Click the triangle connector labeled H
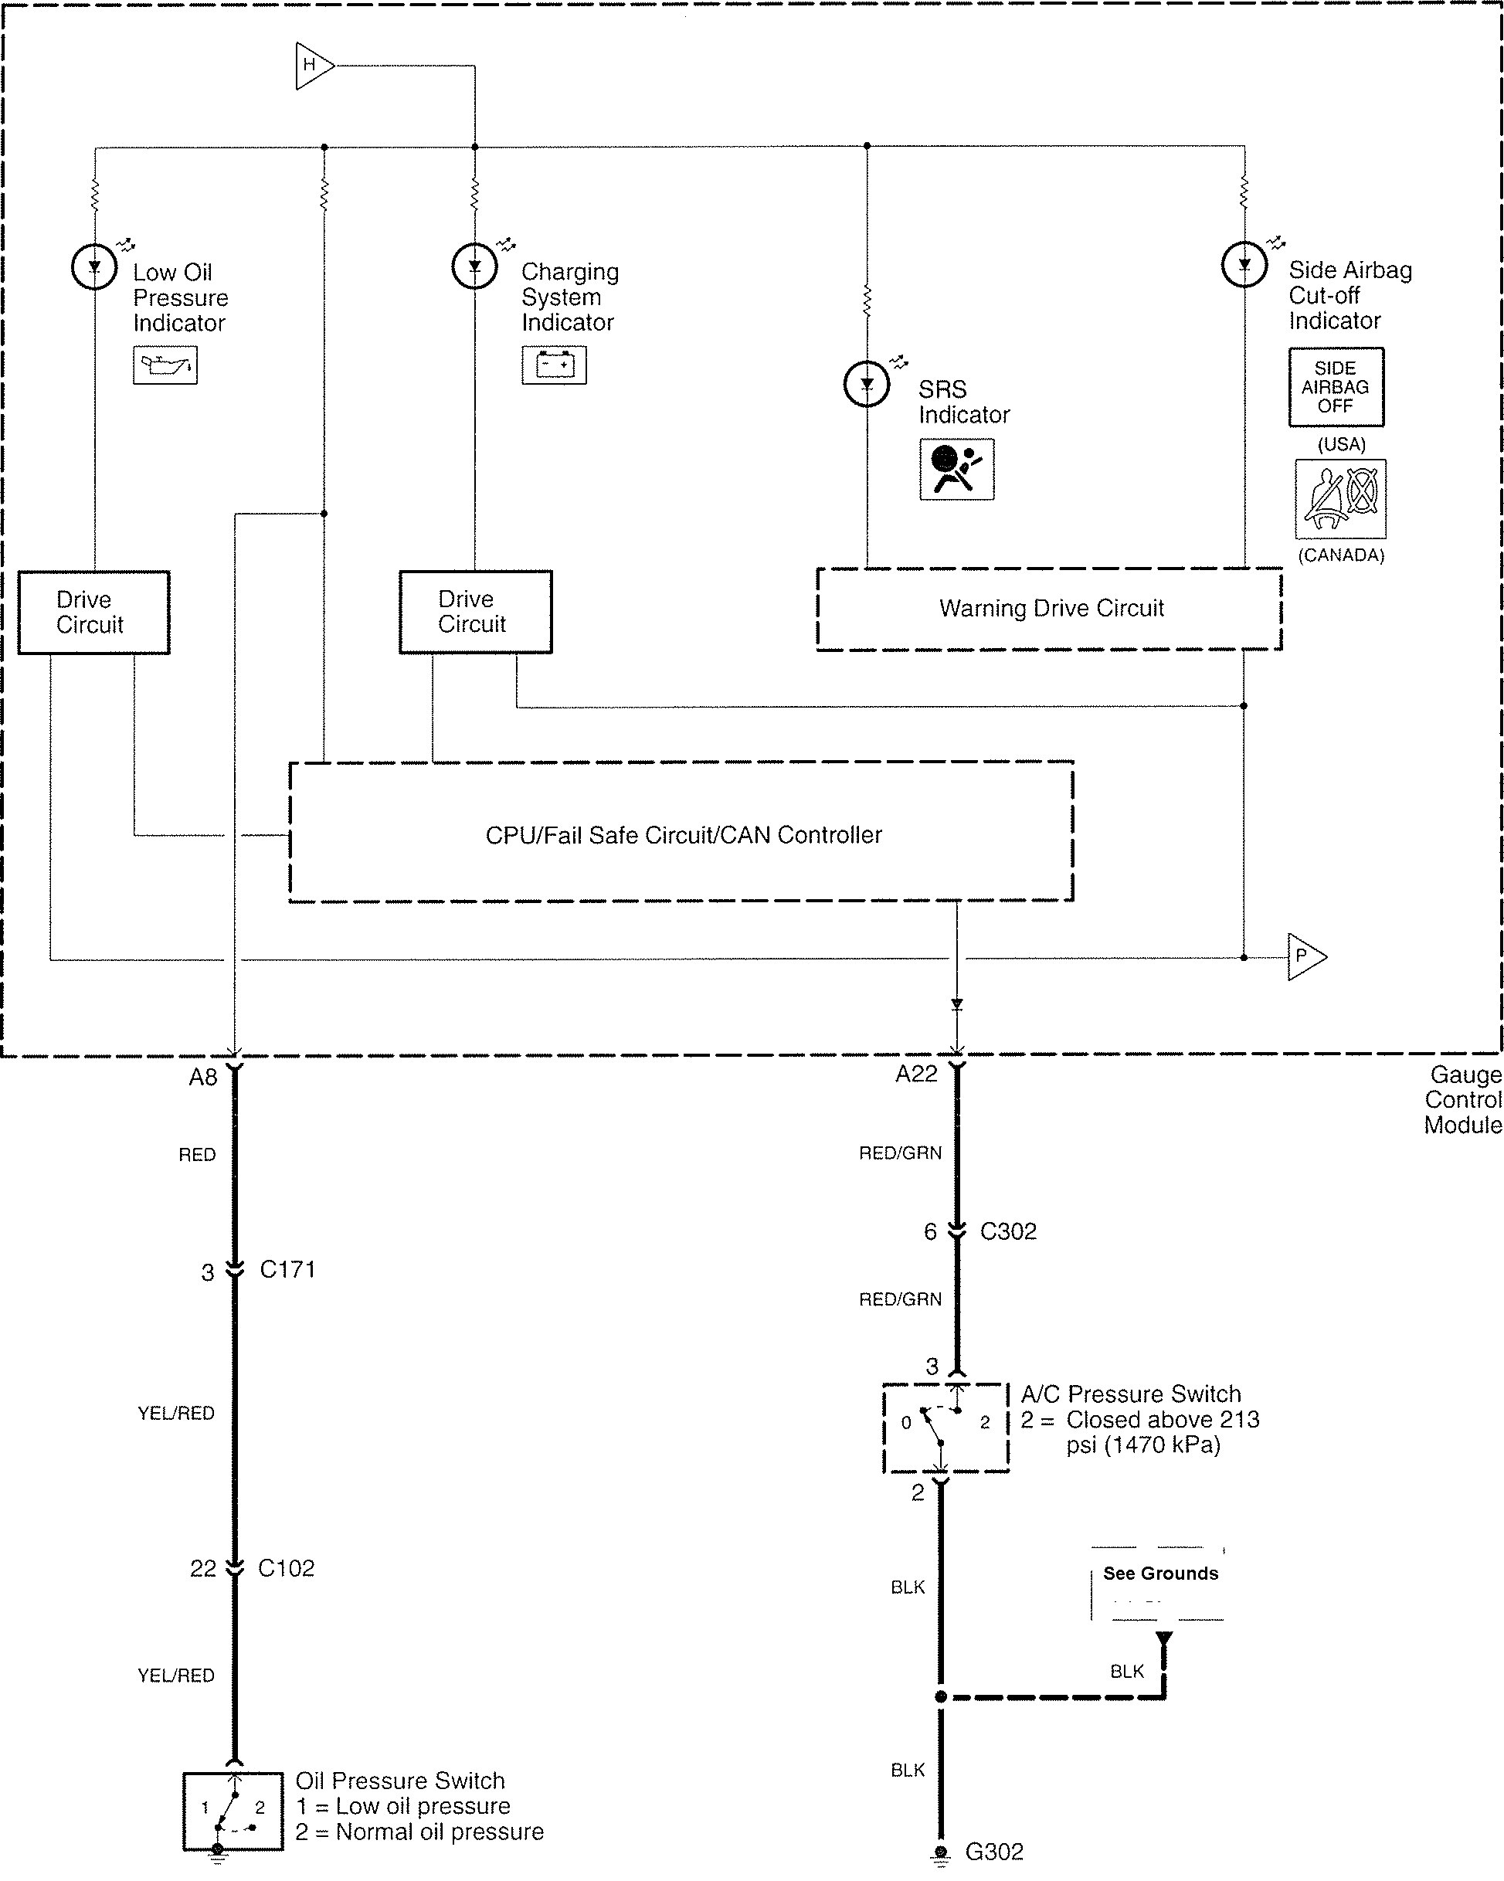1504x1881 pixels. pyautogui.click(x=312, y=66)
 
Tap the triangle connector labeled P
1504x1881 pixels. pyautogui.click(x=1304, y=956)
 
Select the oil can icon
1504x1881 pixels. pyautogui.click(x=165, y=365)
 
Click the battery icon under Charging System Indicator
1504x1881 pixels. pyautogui.click(x=554, y=365)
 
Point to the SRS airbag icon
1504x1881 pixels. pyautogui.click(x=956, y=470)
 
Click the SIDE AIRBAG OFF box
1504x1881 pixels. pyautogui.click(x=1336, y=387)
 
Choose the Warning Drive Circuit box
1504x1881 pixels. pyautogui.click(x=1050, y=609)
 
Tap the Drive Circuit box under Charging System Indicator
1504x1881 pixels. pyautogui.click(x=475, y=612)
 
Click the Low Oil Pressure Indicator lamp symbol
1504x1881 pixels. pyautogui.click(x=94, y=267)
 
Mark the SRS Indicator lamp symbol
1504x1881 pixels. pyautogui.click(x=866, y=384)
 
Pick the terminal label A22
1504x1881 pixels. pyautogui.click(x=916, y=1074)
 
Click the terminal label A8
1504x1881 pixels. pyautogui.click(x=202, y=1078)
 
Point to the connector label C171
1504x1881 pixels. pyautogui.click(x=287, y=1269)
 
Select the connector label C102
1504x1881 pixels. pyautogui.click(x=286, y=1569)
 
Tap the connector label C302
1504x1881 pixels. pyautogui.click(x=1007, y=1232)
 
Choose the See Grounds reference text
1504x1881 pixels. pyautogui.click(x=1160, y=1573)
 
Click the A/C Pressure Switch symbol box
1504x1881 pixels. pyautogui.click(x=946, y=1428)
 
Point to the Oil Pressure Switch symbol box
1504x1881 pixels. pyautogui.click(x=233, y=1811)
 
